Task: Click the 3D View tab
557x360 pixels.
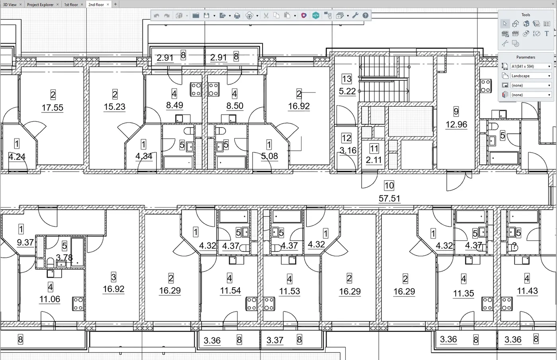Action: click(x=10, y=4)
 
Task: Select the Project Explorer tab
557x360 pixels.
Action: click(x=40, y=4)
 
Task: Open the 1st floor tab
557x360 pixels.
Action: click(x=71, y=4)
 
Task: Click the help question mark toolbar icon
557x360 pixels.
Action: click(x=365, y=16)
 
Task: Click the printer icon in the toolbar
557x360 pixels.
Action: click(x=237, y=16)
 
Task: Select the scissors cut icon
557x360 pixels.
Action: click(x=266, y=16)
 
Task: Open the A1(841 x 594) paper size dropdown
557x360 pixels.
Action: click(x=530, y=66)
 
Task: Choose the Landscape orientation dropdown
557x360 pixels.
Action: click(x=530, y=76)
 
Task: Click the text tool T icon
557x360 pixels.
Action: click(x=547, y=34)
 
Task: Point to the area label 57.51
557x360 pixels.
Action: click(x=389, y=198)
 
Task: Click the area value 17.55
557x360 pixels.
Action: click(x=53, y=107)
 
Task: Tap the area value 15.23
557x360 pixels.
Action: click(x=115, y=107)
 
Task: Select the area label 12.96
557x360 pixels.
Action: click(x=456, y=125)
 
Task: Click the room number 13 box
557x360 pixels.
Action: click(x=347, y=79)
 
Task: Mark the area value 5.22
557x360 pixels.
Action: click(x=347, y=91)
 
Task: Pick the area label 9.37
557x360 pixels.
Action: click(x=25, y=242)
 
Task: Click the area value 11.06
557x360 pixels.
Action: click(x=50, y=299)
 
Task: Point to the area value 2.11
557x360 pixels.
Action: click(x=374, y=160)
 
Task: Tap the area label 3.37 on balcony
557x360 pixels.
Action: click(x=275, y=340)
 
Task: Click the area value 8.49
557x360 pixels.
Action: click(x=175, y=105)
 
